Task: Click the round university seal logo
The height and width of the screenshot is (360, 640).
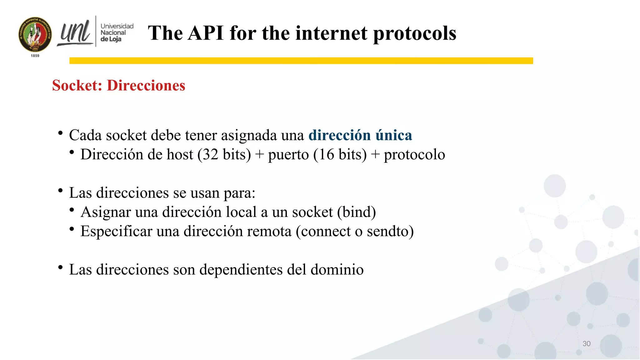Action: pos(35,34)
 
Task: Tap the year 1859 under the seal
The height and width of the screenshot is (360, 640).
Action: pos(35,56)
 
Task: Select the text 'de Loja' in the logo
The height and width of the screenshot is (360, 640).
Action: pos(111,39)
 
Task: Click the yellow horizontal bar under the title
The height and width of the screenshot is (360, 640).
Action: pos(301,61)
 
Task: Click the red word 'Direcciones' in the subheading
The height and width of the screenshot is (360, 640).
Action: pos(146,86)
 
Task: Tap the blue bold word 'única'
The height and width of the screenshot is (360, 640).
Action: pos(393,135)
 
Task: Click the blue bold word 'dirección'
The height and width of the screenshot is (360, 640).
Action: pos(339,135)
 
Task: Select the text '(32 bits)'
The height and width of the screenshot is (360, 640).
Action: pos(224,155)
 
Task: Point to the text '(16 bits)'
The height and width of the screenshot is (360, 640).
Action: pos(340,155)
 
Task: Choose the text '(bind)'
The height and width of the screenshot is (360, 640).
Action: pos(356,212)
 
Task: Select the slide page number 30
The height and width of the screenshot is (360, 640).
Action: pos(586,344)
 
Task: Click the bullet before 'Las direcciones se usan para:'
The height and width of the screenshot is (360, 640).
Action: pos(61,190)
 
